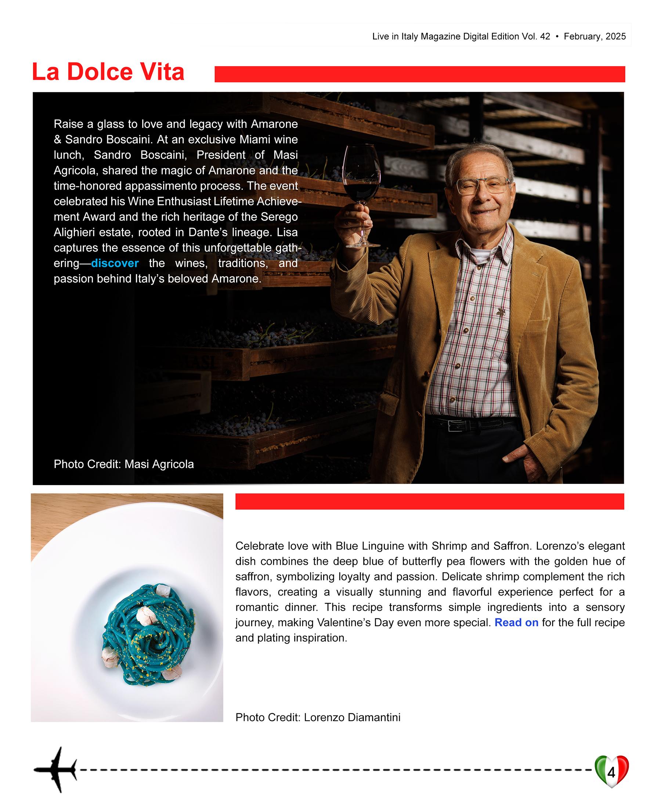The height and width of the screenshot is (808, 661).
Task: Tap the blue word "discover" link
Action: point(115,263)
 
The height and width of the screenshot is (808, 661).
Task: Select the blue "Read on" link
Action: point(516,622)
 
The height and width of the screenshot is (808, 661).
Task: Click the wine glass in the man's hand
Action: point(361,179)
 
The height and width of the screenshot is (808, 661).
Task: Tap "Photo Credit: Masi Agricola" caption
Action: point(124,464)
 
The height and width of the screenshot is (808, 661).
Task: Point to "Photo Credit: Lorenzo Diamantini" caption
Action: point(318,717)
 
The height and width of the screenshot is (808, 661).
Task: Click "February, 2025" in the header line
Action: point(595,37)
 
